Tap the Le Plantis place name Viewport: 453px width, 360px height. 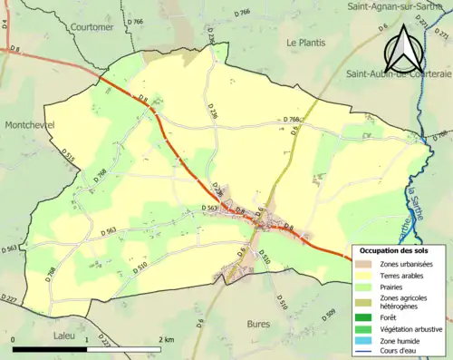point(305,42)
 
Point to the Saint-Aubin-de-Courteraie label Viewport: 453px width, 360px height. point(395,75)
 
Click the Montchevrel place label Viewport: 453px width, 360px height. point(30,124)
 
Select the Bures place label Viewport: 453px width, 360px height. point(259,323)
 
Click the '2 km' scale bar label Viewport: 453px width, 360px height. point(166,339)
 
